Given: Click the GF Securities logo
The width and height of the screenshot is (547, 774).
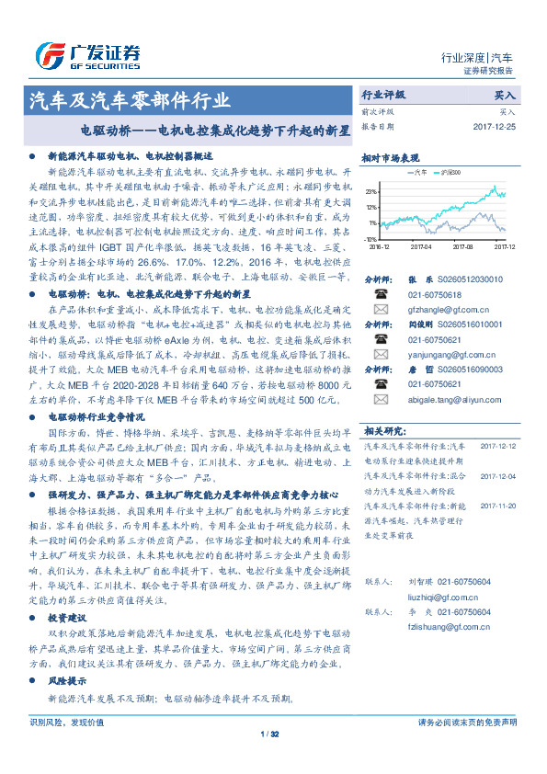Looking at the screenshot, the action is pos(86,54).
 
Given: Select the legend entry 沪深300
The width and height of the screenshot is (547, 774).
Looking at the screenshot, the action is pos(453,172).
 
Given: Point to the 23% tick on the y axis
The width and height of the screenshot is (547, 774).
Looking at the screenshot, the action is pos(370,191).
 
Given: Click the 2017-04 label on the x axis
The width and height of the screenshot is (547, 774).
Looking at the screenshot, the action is pos(422,246).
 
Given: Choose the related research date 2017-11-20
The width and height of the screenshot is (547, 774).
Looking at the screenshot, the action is pos(498,506).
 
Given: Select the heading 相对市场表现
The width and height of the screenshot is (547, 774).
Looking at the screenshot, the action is pos(390,157).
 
